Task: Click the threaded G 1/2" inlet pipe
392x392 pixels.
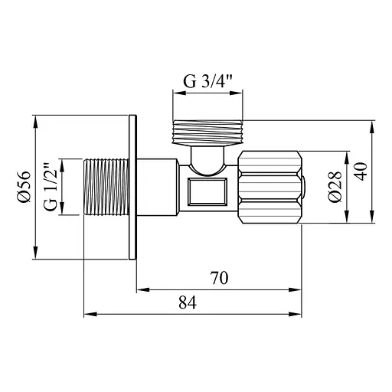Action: click(x=109, y=188)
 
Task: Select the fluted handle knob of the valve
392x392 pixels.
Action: click(x=269, y=188)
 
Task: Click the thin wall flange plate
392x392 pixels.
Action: click(x=134, y=188)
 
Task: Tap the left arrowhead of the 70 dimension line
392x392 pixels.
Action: click(x=141, y=289)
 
